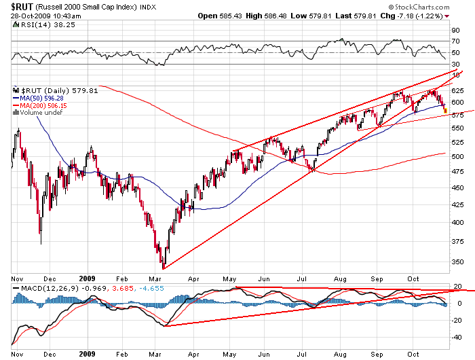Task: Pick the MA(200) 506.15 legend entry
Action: [x=42, y=105]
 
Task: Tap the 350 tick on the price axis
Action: [x=457, y=262]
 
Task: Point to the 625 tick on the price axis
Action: [x=457, y=90]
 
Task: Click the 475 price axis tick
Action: [x=457, y=170]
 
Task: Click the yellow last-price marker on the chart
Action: [x=445, y=111]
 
